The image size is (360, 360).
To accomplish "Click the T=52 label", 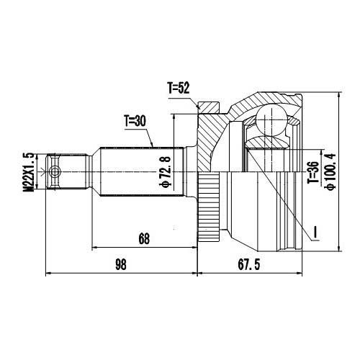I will point(178,88).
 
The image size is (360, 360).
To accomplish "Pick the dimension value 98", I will point(120,264).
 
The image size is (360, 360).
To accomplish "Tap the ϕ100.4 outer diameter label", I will point(331,171).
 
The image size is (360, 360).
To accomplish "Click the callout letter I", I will point(315,232).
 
